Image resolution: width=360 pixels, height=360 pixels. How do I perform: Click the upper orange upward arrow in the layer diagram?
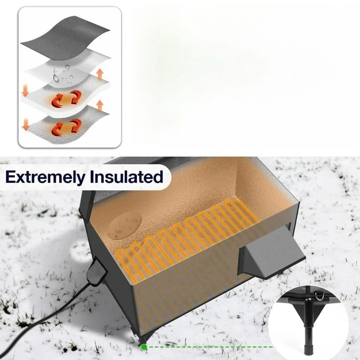(99, 73)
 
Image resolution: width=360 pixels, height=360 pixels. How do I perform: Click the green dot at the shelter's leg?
(144, 347)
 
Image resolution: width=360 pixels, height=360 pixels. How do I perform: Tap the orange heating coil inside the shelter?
(189, 238)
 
